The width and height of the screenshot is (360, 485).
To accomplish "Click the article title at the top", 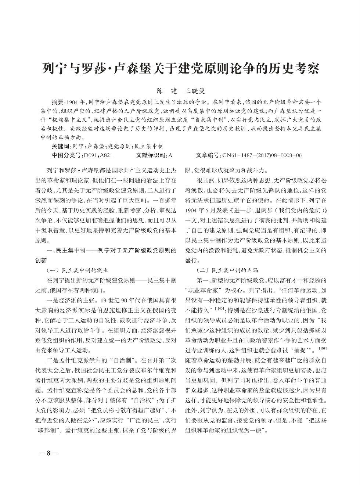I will pos(180,68).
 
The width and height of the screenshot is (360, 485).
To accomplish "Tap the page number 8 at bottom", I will pos(48,452).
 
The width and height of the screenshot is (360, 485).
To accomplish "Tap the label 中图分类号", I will pos(68,155).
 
